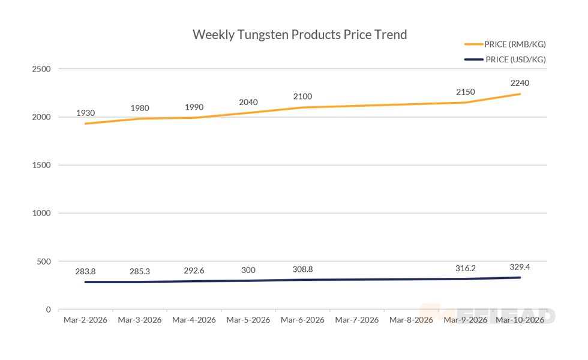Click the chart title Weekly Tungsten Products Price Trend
point(299,34)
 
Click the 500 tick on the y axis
point(44,262)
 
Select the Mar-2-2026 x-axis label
point(85,320)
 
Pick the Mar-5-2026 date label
point(248,320)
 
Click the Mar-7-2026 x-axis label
point(357,320)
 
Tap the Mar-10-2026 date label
point(520,320)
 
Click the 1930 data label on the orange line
point(85,113)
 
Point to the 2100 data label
point(302,97)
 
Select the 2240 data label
point(520,83)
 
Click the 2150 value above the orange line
point(466,92)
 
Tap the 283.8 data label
point(85,271)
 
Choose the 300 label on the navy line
point(248,270)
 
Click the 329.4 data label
point(520,266)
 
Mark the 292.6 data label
point(194,271)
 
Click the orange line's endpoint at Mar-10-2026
point(520,94)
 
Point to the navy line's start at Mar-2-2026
point(86,282)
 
